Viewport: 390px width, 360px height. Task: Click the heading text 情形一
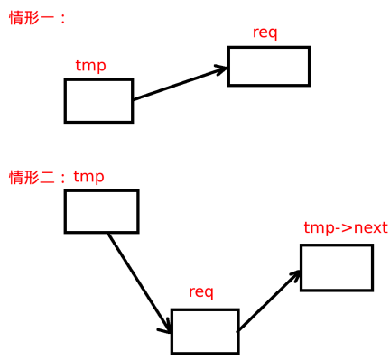[x=32, y=18]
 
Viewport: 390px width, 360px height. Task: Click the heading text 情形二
[x=32, y=177]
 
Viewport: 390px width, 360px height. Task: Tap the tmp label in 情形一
[x=90, y=66]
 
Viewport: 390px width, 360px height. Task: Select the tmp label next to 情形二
[x=88, y=177]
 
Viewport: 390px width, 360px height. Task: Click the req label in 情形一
[x=265, y=33]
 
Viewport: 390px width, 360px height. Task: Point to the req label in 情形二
[x=200, y=292]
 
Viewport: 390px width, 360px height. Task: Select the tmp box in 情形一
[x=98, y=100]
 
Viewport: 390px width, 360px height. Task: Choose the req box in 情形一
[x=268, y=66]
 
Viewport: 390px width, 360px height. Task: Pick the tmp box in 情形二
[x=101, y=211]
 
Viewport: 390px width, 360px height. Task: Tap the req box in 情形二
[x=204, y=331]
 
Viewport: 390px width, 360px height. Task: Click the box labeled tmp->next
[x=336, y=267]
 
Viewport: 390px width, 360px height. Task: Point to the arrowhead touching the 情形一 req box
[x=220, y=69]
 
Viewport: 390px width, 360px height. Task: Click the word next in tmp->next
[x=370, y=227]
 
